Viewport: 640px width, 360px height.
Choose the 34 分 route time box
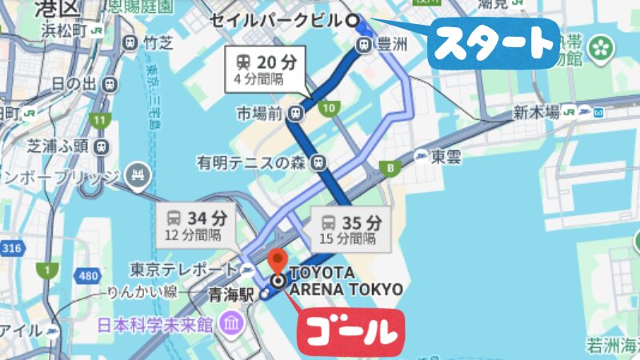point(196,225)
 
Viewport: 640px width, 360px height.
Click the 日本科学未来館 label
point(156,325)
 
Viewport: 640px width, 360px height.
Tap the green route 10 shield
point(327,108)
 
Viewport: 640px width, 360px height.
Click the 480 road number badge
point(88,276)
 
